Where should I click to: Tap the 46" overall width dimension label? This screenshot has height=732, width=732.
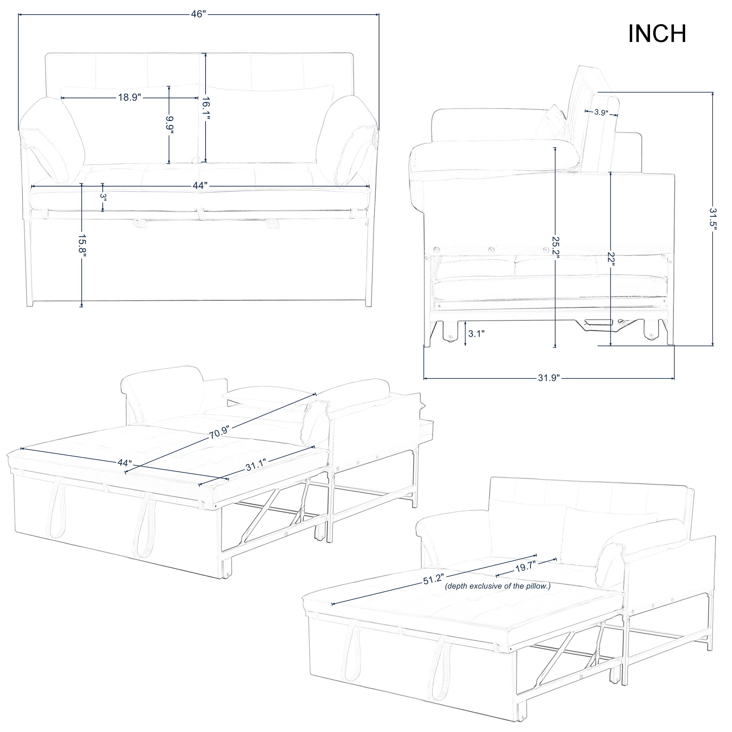(x=199, y=14)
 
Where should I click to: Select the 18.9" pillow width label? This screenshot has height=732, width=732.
(x=130, y=97)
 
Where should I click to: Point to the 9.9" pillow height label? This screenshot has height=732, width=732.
(x=169, y=125)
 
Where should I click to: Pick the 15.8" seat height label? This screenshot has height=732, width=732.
(x=82, y=247)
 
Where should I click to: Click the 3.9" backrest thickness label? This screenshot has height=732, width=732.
(x=601, y=112)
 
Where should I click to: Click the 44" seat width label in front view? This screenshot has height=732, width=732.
(x=200, y=186)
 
